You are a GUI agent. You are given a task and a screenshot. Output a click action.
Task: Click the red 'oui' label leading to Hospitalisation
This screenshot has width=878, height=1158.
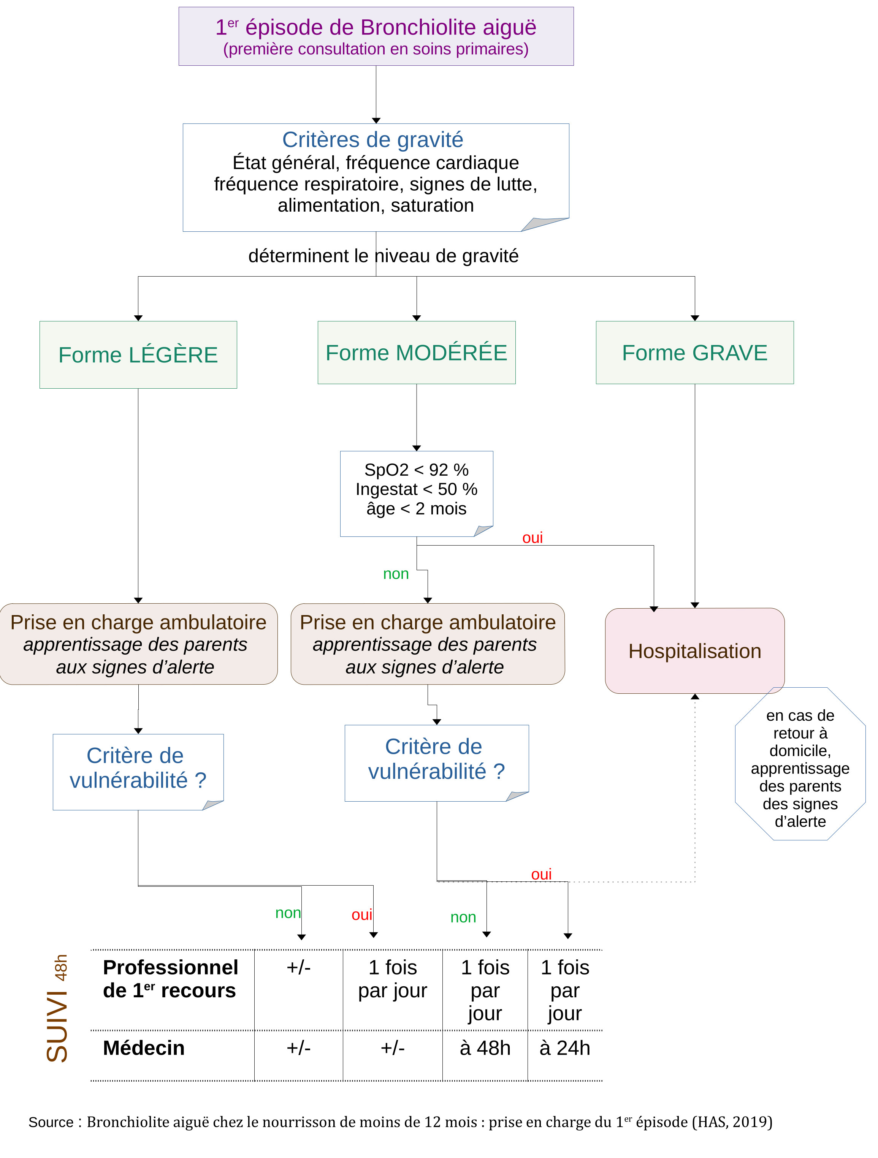click(532, 538)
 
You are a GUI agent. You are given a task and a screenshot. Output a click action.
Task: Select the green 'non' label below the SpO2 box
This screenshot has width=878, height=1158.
click(396, 574)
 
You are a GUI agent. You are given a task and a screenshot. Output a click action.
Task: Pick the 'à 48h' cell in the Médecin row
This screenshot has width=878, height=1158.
click(485, 1047)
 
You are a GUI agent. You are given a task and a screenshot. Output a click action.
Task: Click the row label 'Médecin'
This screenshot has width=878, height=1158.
click(144, 1047)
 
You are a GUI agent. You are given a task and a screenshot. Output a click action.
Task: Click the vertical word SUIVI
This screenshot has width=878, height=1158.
click(57, 1029)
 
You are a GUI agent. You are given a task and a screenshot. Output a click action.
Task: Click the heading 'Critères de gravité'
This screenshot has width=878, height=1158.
click(372, 140)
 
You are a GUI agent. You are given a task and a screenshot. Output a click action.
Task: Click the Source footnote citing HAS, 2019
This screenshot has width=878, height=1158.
click(400, 1122)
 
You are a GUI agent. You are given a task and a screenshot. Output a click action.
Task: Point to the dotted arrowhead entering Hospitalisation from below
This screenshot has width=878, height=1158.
click(695, 697)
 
